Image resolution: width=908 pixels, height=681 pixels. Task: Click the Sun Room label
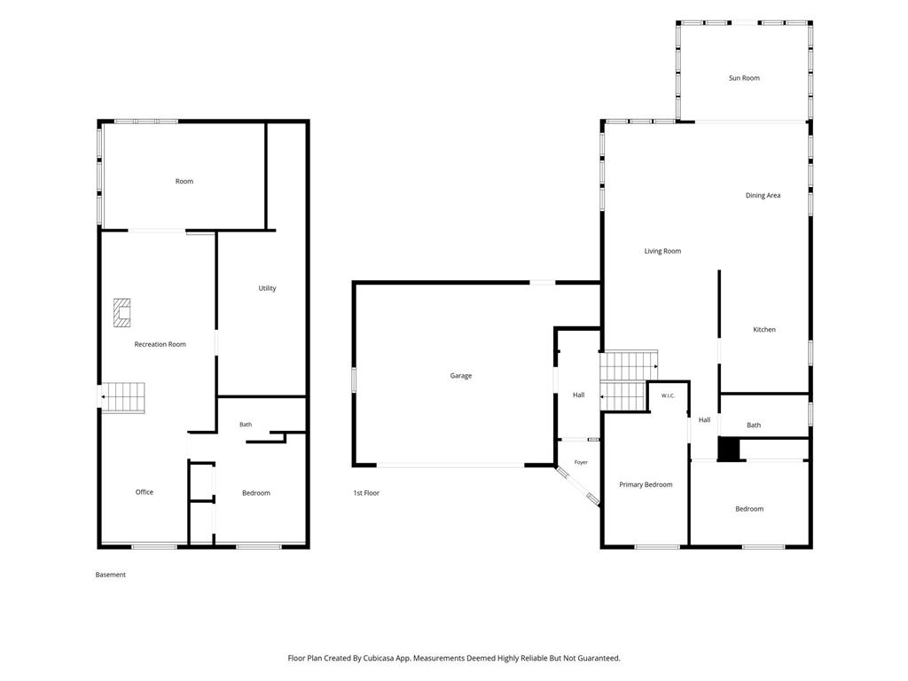(744, 78)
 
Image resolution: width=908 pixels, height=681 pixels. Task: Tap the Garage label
(461, 376)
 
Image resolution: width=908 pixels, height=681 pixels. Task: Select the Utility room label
(267, 288)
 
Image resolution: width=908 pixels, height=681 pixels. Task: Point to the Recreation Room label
(160, 345)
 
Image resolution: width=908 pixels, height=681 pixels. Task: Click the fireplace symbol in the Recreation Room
(121, 313)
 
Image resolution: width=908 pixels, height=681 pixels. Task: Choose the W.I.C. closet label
(668, 396)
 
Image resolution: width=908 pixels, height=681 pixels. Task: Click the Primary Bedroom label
(646, 485)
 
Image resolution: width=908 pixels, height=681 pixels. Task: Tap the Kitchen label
(763, 330)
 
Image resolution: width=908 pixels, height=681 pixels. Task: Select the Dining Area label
(763, 196)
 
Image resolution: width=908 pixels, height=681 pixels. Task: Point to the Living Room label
(662, 251)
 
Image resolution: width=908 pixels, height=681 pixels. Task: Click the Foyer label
(581, 462)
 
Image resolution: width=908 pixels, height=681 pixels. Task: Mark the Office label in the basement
(145, 492)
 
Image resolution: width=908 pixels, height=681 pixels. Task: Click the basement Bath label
(246, 425)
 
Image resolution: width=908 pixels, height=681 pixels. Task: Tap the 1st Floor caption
(366, 493)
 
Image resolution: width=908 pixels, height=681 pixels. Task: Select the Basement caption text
(111, 575)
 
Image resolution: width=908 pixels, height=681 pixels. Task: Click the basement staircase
(123, 397)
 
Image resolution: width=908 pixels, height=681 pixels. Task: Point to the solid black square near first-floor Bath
(729, 449)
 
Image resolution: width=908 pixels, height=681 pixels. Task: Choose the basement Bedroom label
(256, 493)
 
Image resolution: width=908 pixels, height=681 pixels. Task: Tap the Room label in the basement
(184, 182)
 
